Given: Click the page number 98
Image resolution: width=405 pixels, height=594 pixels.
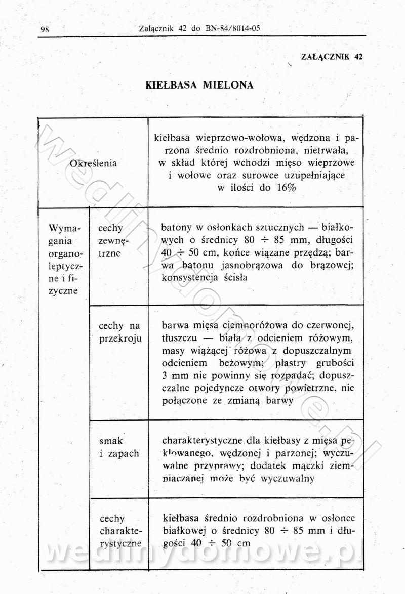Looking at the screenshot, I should (x=44, y=29).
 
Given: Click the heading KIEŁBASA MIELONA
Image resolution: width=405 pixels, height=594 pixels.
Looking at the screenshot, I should (x=199, y=85).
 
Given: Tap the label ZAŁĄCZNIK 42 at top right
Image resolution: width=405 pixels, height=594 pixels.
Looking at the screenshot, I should (x=332, y=56).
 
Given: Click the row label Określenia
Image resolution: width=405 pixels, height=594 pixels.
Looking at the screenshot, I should (x=93, y=163).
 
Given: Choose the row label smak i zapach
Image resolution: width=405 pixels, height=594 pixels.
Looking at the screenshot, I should (x=118, y=447).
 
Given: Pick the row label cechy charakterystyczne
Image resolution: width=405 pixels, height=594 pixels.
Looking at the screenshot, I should (x=120, y=531).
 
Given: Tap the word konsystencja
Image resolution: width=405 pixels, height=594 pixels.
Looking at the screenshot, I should (x=190, y=277).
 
